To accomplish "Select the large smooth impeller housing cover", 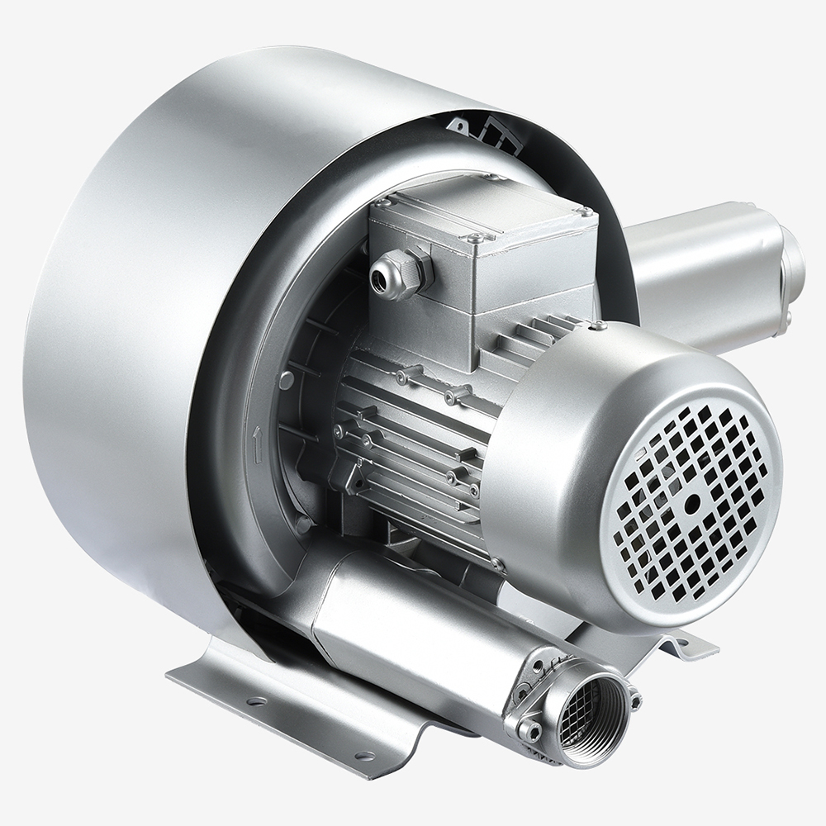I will [124, 330].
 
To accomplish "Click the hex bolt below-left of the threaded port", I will [529, 730].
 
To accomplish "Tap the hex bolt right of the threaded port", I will [635, 701].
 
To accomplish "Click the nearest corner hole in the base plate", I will [360, 755].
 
